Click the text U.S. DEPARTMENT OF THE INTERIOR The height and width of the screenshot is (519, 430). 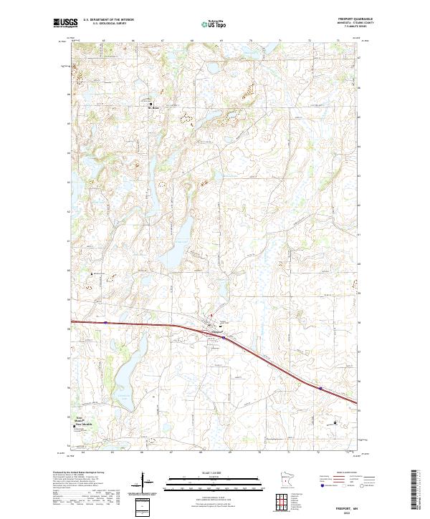[109, 19]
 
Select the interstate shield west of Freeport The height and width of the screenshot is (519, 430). [105, 322]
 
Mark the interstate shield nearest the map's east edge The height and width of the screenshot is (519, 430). [320, 390]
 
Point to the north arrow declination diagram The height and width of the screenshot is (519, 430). [143, 483]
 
